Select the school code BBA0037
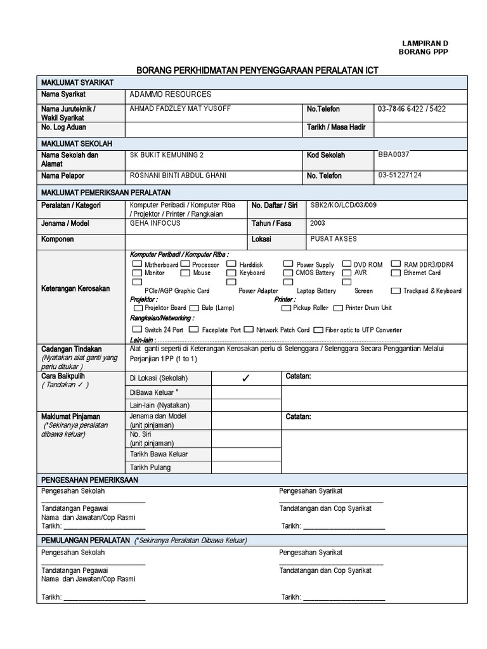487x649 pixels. (x=394, y=154)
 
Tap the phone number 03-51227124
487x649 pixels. (x=399, y=175)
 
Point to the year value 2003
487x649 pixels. (x=318, y=223)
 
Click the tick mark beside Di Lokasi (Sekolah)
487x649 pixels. (x=246, y=378)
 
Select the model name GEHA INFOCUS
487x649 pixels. (x=155, y=223)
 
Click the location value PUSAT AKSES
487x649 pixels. (x=334, y=238)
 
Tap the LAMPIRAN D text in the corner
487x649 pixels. (x=424, y=42)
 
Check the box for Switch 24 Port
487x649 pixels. (x=137, y=330)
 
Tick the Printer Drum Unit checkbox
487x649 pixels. (x=338, y=307)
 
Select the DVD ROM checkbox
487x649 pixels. (x=347, y=264)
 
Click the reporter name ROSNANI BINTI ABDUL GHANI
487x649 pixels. (x=178, y=176)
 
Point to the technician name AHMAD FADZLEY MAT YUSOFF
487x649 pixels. (x=180, y=108)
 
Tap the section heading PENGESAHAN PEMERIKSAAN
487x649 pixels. (x=89, y=480)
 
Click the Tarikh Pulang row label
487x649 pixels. (x=150, y=468)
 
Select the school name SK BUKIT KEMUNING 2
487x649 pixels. (x=167, y=155)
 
